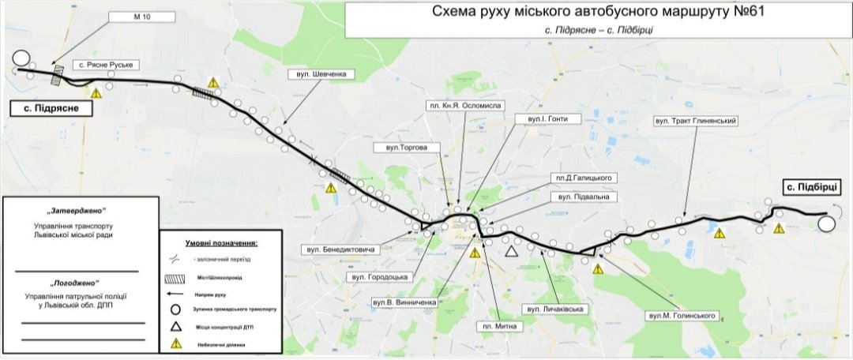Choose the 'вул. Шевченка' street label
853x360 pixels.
point(319,74)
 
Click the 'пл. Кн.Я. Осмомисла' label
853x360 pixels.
point(464,105)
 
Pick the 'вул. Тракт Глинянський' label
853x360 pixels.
point(696,121)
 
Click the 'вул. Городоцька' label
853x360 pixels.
point(380,277)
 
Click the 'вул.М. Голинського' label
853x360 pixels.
point(681,315)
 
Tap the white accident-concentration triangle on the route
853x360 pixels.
point(512,251)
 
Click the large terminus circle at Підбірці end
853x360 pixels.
point(827,223)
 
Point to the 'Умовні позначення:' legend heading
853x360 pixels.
point(221,244)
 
